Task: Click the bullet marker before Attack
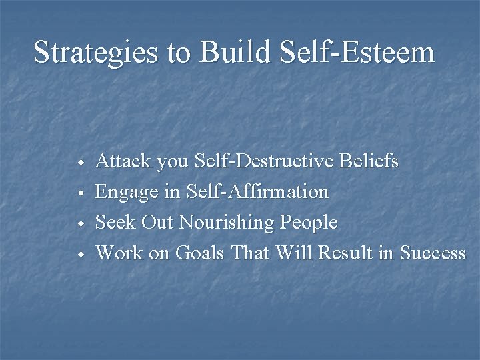pyautogui.click(x=79, y=162)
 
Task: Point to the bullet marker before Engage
pyautogui.click(x=79, y=193)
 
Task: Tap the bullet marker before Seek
pyautogui.click(x=79, y=223)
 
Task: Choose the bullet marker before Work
pyautogui.click(x=79, y=254)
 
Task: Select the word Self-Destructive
pyautogui.click(x=264, y=161)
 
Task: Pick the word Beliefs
pyautogui.click(x=369, y=161)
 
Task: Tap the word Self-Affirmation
pyautogui.click(x=259, y=192)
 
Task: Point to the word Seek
pyautogui.click(x=115, y=223)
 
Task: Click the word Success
pyautogui.click(x=432, y=253)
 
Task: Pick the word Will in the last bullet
pyautogui.click(x=295, y=253)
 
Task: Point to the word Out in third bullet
pyautogui.click(x=153, y=223)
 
